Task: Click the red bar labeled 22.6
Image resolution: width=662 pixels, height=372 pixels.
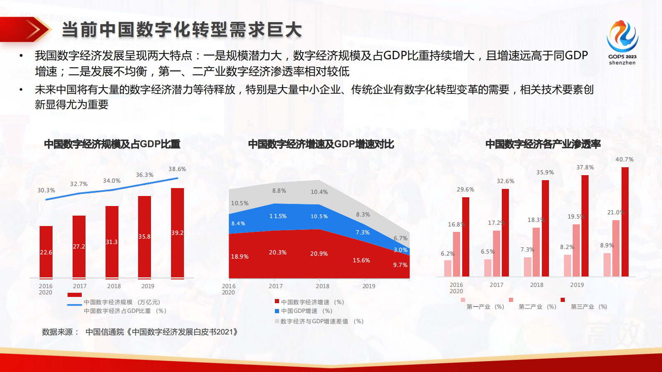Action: (x=46, y=252)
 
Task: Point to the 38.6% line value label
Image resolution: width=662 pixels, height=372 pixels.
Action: (x=177, y=169)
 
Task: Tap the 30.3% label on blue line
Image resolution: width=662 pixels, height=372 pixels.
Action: (x=46, y=190)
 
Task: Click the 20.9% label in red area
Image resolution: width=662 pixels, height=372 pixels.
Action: (x=319, y=254)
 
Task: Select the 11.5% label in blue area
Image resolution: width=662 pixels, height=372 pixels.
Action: (x=278, y=216)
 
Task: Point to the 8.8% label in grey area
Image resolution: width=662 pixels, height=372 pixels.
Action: (x=279, y=191)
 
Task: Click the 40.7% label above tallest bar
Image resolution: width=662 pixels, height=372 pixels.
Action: (x=624, y=159)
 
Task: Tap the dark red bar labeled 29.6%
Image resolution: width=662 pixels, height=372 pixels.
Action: (x=466, y=236)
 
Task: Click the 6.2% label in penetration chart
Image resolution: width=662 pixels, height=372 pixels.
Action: (x=448, y=254)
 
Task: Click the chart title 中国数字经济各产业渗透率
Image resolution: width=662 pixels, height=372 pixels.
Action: (x=543, y=144)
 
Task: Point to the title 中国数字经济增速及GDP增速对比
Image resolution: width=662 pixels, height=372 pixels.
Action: (x=321, y=144)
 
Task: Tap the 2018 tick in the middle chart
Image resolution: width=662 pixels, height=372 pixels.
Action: (x=322, y=286)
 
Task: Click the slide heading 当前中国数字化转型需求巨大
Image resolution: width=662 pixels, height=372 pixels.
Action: (x=182, y=30)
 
